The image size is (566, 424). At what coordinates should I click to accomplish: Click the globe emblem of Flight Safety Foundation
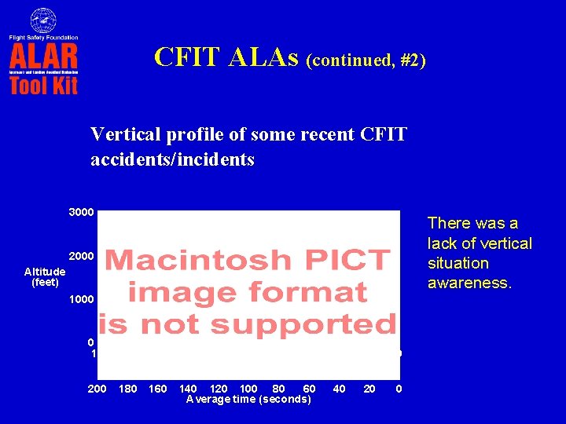[43, 20]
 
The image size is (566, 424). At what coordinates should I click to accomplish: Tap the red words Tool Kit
[43, 85]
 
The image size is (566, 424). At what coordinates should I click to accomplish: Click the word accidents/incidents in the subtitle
[172, 160]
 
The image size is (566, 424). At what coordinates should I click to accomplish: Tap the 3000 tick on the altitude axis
[82, 213]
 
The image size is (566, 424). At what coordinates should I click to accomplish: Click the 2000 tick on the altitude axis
[82, 257]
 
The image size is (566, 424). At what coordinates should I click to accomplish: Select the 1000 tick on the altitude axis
[82, 300]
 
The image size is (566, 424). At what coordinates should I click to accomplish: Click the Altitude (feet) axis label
[45, 276]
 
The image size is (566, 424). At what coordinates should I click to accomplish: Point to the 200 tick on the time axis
[97, 389]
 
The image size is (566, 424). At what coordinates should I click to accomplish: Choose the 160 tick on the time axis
[157, 389]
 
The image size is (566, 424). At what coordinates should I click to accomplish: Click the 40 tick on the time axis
[339, 389]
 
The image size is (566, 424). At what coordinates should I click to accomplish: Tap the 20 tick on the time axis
[369, 389]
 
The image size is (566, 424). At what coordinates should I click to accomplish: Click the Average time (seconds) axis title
[248, 400]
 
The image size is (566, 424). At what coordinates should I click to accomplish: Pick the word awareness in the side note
[469, 283]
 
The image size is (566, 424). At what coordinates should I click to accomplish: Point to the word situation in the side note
[458, 263]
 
